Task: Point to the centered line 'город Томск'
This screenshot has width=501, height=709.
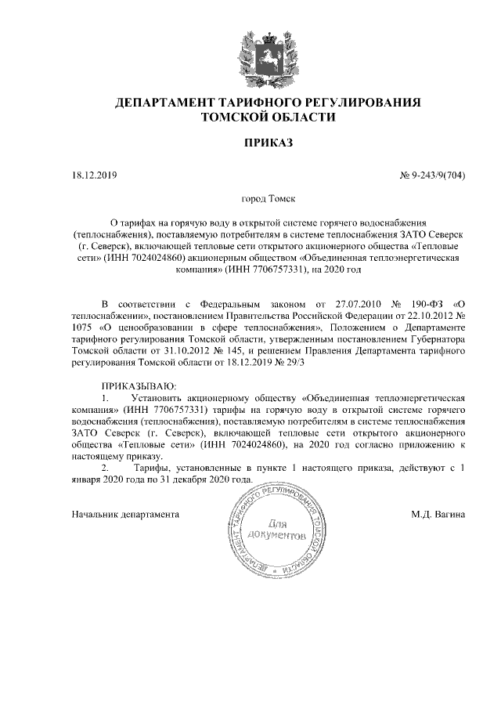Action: [x=268, y=201]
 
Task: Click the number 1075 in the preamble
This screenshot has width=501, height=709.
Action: [x=82, y=327]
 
